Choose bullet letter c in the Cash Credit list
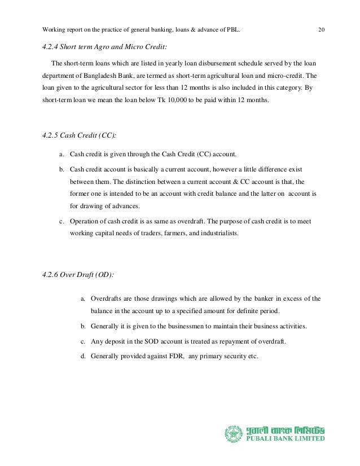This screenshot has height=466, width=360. pyautogui.click(x=60, y=221)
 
